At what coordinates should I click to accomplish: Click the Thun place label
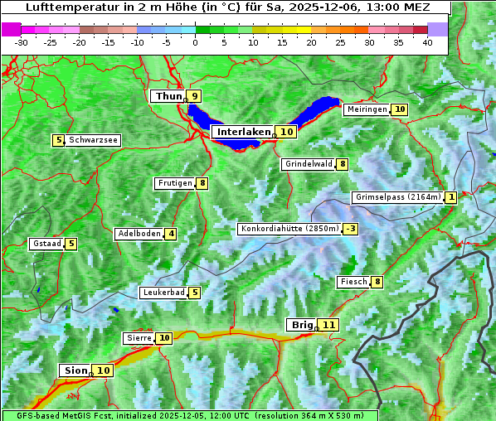pyautogui.click(x=168, y=97)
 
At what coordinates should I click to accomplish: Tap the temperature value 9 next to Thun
pyautogui.click(x=195, y=97)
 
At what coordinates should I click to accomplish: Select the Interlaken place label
pyautogui.click(x=244, y=132)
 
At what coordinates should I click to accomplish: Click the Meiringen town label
pyautogui.click(x=367, y=109)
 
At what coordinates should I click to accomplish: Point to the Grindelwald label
pyautogui.click(x=309, y=164)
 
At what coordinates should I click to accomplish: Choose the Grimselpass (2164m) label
pyautogui.click(x=397, y=197)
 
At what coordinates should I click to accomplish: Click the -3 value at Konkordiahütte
pyautogui.click(x=352, y=229)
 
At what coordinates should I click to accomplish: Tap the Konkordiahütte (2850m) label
pyautogui.click(x=289, y=229)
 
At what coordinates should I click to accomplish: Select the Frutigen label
pyautogui.click(x=174, y=183)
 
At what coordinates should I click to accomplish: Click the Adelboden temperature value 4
pyautogui.click(x=171, y=234)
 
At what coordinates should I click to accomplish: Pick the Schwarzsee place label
pyautogui.click(x=93, y=140)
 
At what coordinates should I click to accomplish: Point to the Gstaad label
pyautogui.click(x=46, y=244)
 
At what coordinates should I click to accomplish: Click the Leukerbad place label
pyautogui.click(x=163, y=293)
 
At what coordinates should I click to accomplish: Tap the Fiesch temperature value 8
pyautogui.click(x=377, y=282)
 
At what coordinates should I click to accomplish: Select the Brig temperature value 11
pyautogui.click(x=330, y=325)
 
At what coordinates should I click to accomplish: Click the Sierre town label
pyautogui.click(x=139, y=338)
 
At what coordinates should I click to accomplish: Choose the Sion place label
pyautogui.click(x=74, y=370)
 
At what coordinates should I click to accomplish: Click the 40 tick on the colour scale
pyautogui.click(x=427, y=42)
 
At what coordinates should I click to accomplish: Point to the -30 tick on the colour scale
pyautogui.click(x=22, y=42)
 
